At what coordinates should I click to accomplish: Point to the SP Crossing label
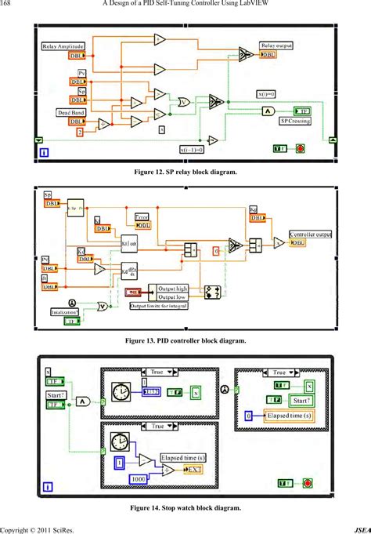coord(296,122)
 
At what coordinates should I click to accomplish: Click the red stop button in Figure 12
coord(300,147)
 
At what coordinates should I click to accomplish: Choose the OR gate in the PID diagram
coord(102,307)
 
